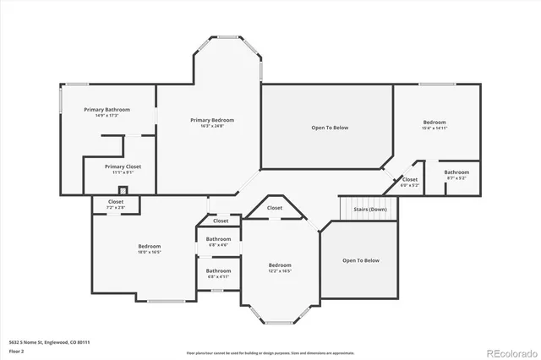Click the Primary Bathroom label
pyautogui.click(x=106, y=110)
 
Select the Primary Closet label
pyautogui.click(x=123, y=166)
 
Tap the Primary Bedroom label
pyautogui.click(x=211, y=120)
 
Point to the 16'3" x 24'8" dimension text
pyautogui.click(x=211, y=126)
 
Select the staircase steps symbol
pyautogui.click(x=368, y=206)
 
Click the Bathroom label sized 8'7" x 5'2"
pyautogui.click(x=457, y=172)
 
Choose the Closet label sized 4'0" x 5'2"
pyautogui.click(x=410, y=179)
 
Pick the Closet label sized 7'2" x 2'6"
pyautogui.click(x=116, y=201)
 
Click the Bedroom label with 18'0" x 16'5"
pyautogui.click(x=150, y=246)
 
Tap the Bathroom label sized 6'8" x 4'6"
pyautogui.click(x=218, y=239)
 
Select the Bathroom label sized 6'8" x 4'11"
pyautogui.click(x=218, y=270)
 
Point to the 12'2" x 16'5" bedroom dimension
pyautogui.click(x=281, y=270)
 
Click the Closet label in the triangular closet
pyautogui.click(x=275, y=208)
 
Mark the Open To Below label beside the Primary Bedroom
pyautogui.click(x=330, y=128)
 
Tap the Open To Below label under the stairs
pyautogui.click(x=361, y=260)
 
